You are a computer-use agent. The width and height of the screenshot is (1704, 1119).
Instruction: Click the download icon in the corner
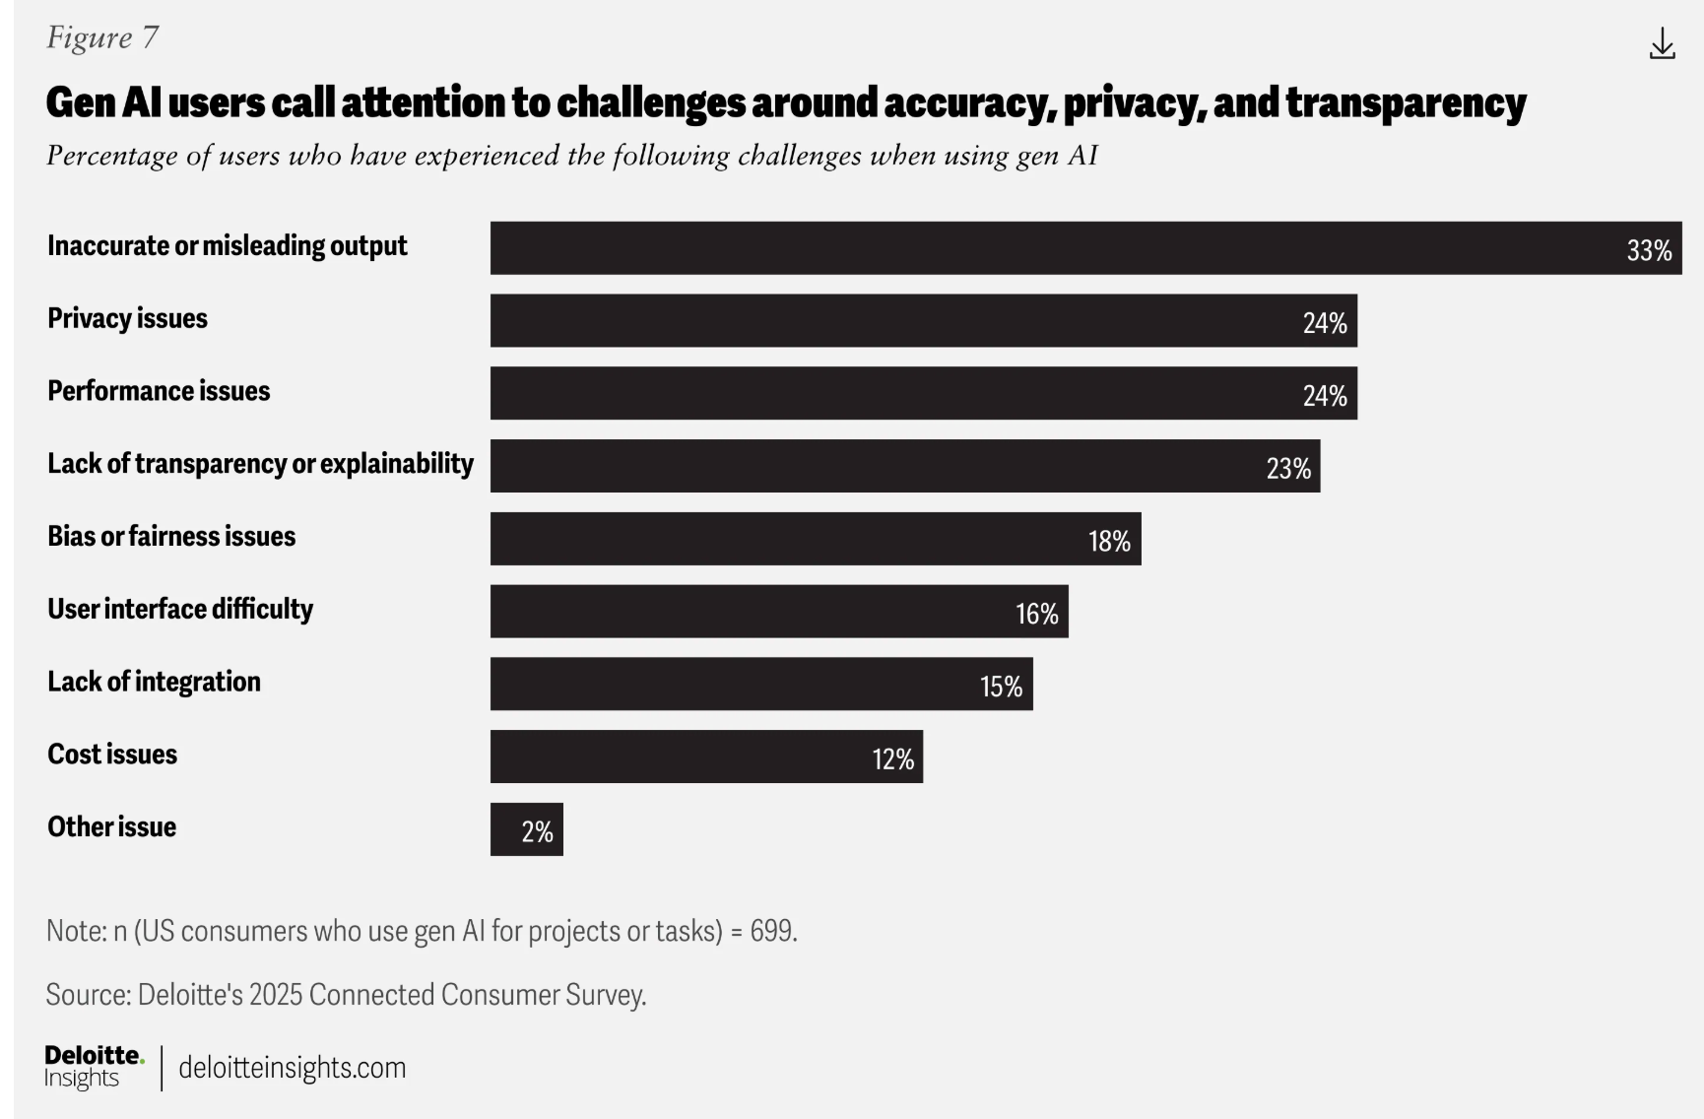[x=1662, y=43]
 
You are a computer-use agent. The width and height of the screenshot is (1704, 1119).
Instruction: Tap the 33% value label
[x=1649, y=250]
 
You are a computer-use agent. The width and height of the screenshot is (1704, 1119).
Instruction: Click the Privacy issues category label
[x=127, y=318]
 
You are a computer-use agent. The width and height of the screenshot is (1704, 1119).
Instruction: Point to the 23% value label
[x=1288, y=468]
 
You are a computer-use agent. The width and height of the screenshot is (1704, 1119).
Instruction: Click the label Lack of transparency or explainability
[x=260, y=463]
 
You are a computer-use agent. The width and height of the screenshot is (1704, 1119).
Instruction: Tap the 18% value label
[x=1109, y=541]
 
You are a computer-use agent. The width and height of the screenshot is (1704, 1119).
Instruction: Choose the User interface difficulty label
[x=180, y=609]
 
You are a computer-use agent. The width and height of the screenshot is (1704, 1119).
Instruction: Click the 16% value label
[x=1037, y=614]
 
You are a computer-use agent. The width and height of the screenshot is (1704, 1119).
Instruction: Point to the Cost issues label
[x=112, y=754]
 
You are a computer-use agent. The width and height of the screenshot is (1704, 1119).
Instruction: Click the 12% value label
[x=892, y=758]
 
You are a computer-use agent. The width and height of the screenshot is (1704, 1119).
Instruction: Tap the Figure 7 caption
[x=101, y=37]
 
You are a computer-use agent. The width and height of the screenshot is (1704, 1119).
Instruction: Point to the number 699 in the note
[x=771, y=931]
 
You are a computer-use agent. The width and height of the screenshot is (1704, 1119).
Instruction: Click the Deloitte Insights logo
[x=94, y=1067]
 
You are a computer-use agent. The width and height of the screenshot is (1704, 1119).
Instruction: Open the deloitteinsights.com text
[x=292, y=1068]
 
